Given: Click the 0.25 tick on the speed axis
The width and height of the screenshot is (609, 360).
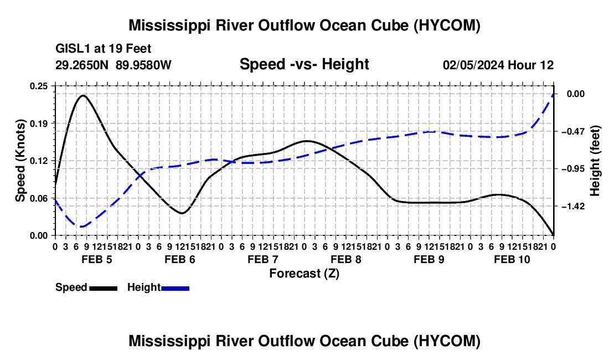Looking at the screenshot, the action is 38,86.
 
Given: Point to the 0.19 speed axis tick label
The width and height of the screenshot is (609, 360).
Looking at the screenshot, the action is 38,124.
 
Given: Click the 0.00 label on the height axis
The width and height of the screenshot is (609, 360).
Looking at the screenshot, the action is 576,94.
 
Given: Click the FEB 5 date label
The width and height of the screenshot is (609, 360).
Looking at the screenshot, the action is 97,259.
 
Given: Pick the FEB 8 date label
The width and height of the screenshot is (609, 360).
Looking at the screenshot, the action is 346,259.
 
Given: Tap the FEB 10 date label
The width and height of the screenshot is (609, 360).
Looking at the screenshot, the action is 512,259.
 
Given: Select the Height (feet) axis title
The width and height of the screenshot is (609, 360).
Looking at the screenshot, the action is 595,161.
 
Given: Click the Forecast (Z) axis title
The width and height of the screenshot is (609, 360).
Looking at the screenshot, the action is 304,274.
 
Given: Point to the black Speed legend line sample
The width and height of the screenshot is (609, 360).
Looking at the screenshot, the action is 104,288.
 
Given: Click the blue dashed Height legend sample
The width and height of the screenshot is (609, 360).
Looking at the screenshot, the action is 175,288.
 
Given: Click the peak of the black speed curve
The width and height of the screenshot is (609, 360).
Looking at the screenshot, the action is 83,95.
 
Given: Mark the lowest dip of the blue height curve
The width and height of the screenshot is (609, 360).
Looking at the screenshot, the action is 80,227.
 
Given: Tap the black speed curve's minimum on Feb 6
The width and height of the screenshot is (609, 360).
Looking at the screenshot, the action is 182,213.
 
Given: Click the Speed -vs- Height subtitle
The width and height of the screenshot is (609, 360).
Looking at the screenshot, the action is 304,64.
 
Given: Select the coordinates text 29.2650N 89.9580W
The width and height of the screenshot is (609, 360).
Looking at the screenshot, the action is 113,65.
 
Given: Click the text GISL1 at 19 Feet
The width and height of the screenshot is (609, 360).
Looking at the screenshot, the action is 104,49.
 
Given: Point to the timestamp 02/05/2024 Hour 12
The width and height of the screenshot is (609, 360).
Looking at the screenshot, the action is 498,65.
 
